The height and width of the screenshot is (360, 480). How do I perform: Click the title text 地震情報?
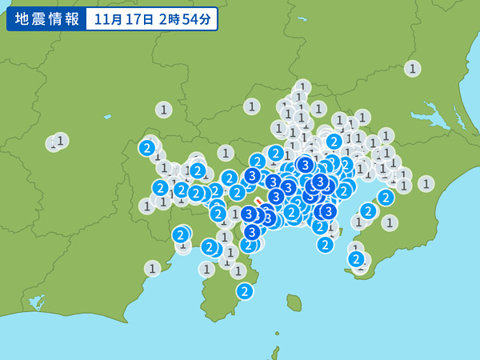pos(45,19)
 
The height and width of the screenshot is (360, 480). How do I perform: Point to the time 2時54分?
pos(185,19)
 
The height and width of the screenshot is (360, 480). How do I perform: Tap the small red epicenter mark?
pos(259,202)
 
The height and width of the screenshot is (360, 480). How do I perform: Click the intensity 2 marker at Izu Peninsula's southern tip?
pos(245,291)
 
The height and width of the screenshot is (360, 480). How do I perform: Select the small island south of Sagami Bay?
pos(294,302)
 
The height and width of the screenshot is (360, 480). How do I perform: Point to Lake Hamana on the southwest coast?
pos(37,302)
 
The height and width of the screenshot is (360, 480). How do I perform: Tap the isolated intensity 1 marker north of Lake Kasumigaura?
pos(412,68)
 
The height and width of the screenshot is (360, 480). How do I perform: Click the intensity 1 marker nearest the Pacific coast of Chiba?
pos(426,183)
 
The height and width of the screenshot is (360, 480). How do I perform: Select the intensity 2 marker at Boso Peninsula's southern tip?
pos(356,258)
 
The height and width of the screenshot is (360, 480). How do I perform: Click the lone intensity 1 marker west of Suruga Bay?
pos(152,268)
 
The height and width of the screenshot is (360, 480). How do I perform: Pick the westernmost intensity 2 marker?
pos(147,147)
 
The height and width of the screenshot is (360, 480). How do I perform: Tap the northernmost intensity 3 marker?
pos(305,165)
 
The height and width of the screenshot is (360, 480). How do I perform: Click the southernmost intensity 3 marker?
pos(252,232)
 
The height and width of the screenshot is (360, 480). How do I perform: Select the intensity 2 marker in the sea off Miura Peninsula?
pos(325,244)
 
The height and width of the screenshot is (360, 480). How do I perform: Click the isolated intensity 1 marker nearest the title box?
pos(163,110)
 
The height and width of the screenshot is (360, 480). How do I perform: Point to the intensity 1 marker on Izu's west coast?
pos(207,269)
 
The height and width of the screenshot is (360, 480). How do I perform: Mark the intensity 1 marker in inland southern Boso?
pos(390,222)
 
